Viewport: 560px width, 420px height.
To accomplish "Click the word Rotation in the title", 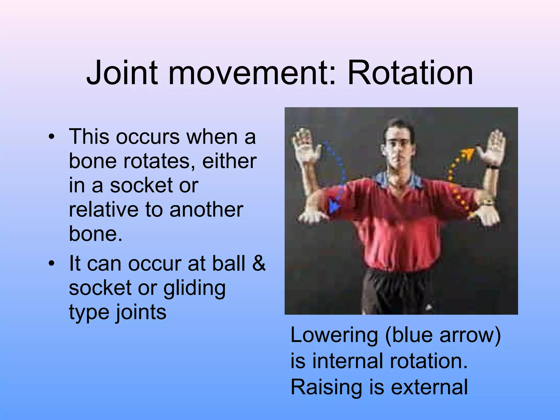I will pyautogui.click(x=410, y=73).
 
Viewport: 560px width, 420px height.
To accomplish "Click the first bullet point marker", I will pyautogui.click(x=51, y=137).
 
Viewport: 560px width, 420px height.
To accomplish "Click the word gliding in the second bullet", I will pyautogui.click(x=194, y=288).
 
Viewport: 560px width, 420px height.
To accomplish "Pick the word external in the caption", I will pyautogui.click(x=429, y=387).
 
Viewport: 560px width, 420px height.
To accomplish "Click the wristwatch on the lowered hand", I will pyautogui.click(x=487, y=203).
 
